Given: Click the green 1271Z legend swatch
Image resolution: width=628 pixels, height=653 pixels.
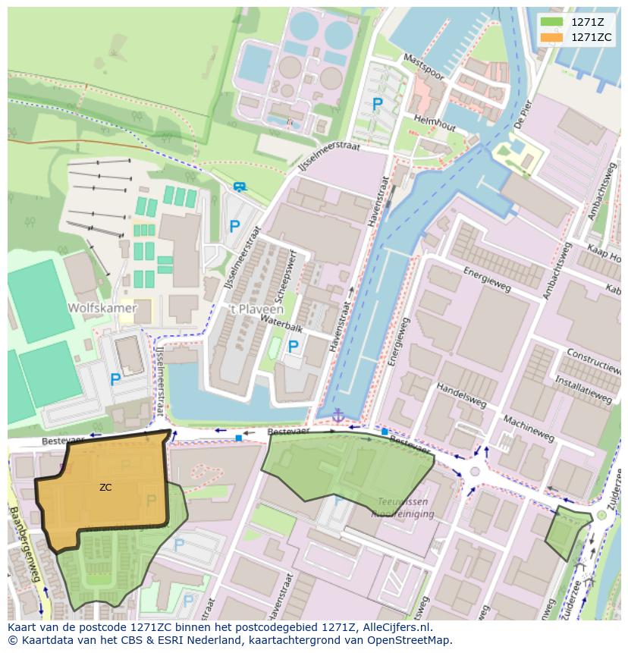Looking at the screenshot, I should pos(552,22).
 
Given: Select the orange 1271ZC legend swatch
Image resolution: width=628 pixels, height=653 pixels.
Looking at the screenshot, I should pos(552,37).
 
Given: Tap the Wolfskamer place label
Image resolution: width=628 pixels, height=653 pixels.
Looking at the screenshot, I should pos(102,308).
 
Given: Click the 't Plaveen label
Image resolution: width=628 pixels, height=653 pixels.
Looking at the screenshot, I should pos(256,309).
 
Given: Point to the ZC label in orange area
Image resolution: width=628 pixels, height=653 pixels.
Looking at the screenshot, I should pos(105,488).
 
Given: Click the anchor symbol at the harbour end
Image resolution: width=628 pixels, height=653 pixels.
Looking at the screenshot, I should pos(338,416).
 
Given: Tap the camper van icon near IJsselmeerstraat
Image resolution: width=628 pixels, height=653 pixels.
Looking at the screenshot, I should pos(240,187).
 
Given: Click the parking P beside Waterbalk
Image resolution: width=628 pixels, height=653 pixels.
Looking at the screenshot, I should pos(293,347).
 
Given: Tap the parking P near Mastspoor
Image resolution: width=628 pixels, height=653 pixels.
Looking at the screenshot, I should pos(377,104).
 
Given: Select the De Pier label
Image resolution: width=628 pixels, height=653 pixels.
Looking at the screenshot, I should pos(523,113).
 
